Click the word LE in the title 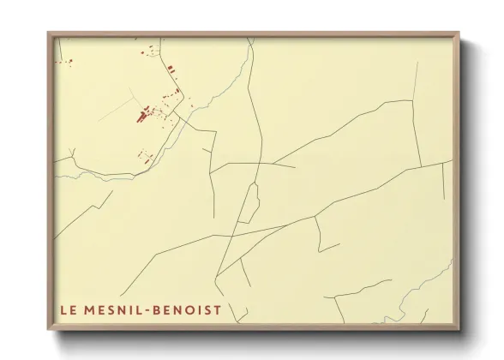click(67, 310)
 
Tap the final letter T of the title click(218, 310)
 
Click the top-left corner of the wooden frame click(49, 33)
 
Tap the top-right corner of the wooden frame click(460, 33)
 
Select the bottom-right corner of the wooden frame click(460, 330)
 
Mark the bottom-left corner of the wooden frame click(49, 330)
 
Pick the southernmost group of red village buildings click(144, 155)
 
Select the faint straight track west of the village click(117, 112)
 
